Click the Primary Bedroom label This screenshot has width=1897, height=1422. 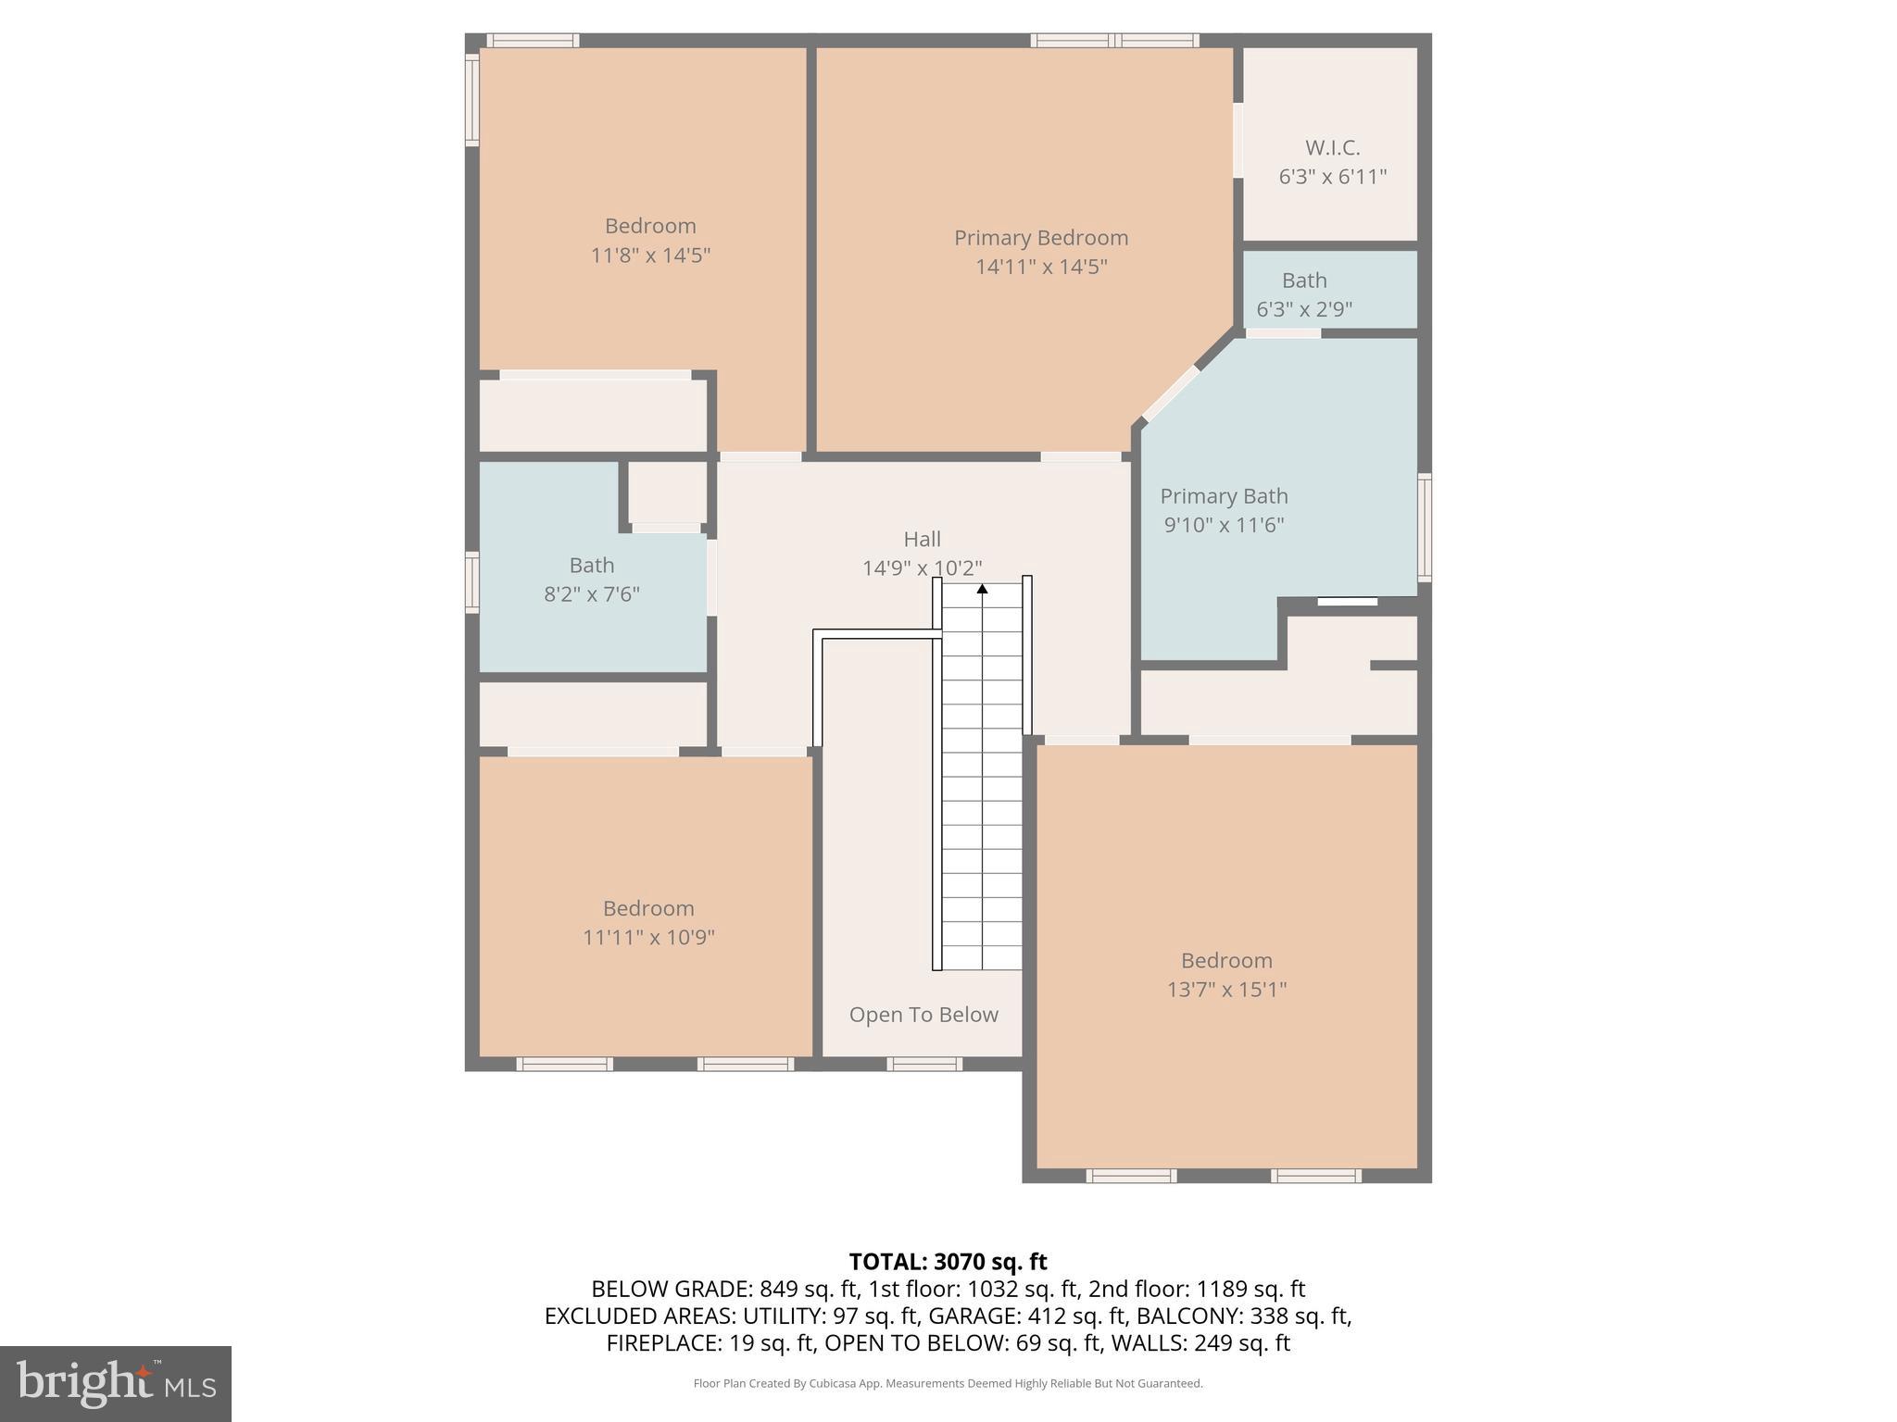[1041, 238]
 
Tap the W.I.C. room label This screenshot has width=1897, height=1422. [1332, 148]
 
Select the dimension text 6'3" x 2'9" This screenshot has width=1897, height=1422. [1304, 309]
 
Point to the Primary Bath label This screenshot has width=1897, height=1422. [1224, 496]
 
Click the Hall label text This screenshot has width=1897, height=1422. [922, 539]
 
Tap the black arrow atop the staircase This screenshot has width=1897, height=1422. [982, 589]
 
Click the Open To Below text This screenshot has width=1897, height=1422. [923, 1015]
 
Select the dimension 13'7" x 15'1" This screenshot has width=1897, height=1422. [1226, 990]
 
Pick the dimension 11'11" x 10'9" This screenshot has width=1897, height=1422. [648, 937]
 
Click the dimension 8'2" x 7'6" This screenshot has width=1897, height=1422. [592, 594]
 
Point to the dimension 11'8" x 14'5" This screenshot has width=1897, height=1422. [650, 255]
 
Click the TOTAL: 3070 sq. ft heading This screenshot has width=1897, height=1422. [948, 1262]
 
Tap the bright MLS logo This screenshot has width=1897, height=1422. [116, 1383]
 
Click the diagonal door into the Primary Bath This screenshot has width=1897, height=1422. [1171, 394]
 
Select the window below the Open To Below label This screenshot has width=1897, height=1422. [923, 1064]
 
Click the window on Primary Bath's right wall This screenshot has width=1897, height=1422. [1425, 527]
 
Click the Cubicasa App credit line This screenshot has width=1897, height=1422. [948, 1383]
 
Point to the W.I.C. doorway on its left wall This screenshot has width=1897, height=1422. [1237, 140]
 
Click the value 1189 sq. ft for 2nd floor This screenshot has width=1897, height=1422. [1250, 1289]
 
